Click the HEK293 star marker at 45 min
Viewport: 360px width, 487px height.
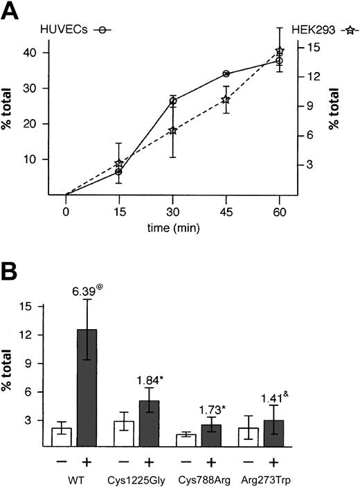(x=226, y=100)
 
